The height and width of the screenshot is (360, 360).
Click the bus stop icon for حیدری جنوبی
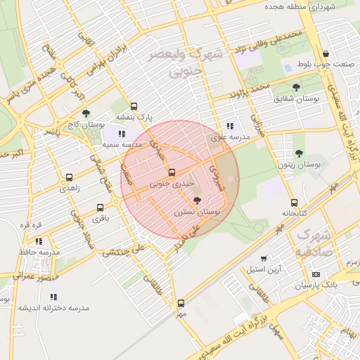point(172,172)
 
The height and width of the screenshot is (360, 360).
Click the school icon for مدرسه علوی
point(231,126)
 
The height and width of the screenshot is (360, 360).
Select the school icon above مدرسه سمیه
point(122,133)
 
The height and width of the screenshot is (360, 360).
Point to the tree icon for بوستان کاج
point(86,113)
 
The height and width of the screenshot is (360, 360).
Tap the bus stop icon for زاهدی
point(69,178)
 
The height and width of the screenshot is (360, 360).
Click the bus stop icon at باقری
point(100,207)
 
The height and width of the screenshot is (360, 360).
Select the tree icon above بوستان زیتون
point(299,153)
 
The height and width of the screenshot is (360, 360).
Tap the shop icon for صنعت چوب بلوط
point(326,54)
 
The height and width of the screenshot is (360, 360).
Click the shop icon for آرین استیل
point(264,259)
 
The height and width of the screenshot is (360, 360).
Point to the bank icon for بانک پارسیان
point(316,274)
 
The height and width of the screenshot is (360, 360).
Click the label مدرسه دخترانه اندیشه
point(54,308)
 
